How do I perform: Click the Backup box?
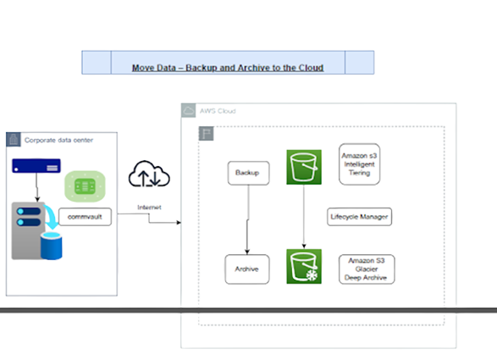coord(249,173)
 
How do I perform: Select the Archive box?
coord(247,269)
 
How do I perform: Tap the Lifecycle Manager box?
coord(360,217)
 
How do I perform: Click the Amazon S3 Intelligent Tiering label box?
coord(360,164)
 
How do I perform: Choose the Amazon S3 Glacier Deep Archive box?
coord(367,269)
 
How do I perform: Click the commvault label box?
coord(85,217)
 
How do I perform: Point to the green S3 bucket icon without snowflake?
coord(304,167)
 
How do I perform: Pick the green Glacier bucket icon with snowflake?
coord(304,266)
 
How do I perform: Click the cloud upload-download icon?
coord(149,174)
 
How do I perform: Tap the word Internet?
coord(149,208)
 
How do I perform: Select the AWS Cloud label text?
coord(218,111)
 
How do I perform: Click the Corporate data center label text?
coord(58,141)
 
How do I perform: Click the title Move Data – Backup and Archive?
coord(228,68)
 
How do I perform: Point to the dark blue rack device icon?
coord(36,166)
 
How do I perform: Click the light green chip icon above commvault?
coord(85,186)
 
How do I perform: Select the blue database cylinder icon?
coord(52,246)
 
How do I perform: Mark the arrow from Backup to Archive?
coord(247,219)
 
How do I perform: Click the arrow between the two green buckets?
coord(304,217)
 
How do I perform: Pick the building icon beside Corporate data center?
coord(14,140)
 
